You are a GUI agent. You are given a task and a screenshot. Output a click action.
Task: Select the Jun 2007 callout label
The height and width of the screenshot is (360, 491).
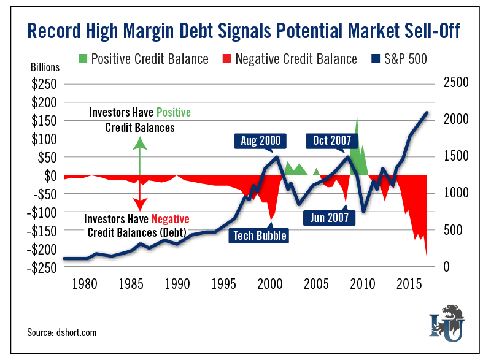[x=329, y=217]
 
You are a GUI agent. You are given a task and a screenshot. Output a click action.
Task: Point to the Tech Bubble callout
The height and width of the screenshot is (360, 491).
[x=259, y=235]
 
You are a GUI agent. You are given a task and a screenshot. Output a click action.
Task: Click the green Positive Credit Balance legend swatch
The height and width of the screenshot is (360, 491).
[x=83, y=59]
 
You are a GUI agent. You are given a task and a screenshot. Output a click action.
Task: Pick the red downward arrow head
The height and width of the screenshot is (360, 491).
[x=140, y=205]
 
